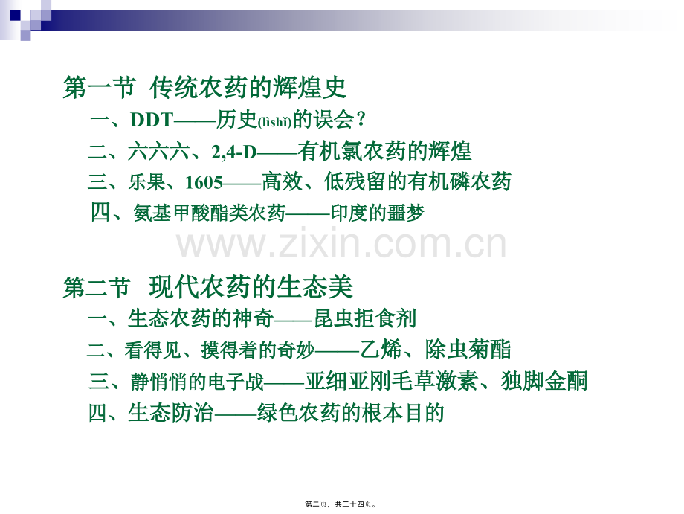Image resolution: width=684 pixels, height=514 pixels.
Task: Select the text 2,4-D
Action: (x=233, y=152)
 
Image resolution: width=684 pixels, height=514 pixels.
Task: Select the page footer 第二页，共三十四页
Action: (x=341, y=504)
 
